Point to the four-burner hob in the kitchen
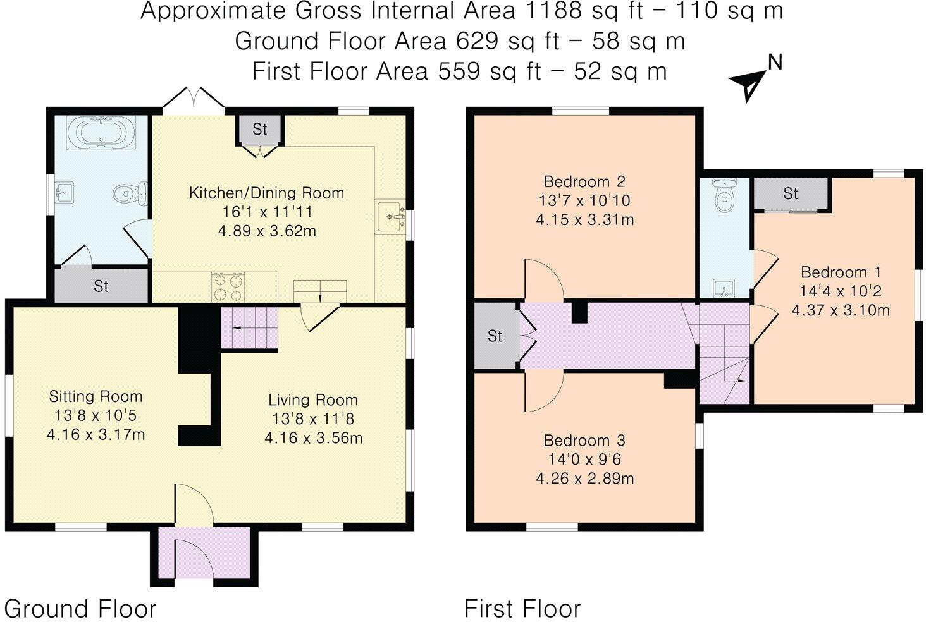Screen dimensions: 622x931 coord(228,287)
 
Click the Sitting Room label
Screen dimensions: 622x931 coord(96,396)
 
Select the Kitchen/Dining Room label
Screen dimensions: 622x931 coord(266,193)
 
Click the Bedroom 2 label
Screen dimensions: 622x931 coord(584,182)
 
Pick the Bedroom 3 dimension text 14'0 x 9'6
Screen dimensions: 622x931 coord(584,459)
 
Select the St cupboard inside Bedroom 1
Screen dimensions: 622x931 coord(791,193)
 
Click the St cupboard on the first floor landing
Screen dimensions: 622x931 coord(495,336)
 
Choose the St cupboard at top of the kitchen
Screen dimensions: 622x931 coord(260,130)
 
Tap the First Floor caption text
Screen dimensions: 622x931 coord(522,609)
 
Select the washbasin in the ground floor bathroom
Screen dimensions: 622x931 coord(65,191)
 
